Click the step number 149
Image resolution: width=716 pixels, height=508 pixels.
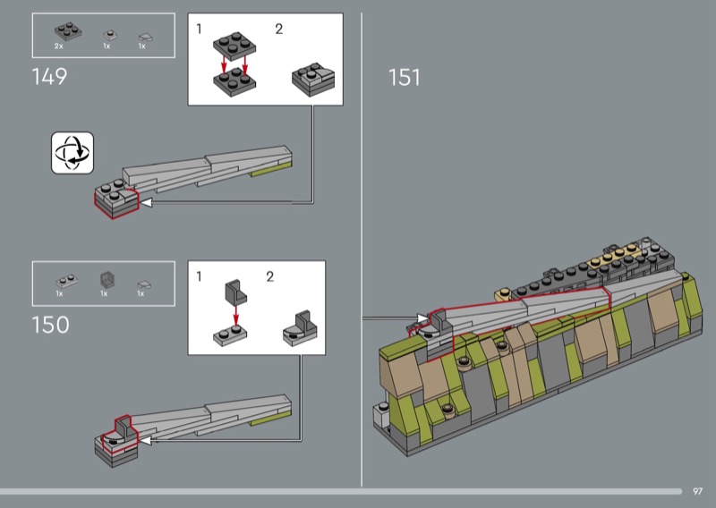tap(49, 76)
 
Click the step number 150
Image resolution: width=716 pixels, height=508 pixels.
tap(50, 325)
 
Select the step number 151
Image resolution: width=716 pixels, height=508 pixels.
tap(405, 77)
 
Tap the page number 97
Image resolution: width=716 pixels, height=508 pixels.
tap(697, 491)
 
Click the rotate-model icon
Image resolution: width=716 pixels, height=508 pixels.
tap(72, 153)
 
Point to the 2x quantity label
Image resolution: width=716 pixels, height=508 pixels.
tap(58, 47)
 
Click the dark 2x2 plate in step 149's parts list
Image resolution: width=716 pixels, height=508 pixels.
tap(68, 31)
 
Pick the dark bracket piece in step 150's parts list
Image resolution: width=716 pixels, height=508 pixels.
tap(107, 279)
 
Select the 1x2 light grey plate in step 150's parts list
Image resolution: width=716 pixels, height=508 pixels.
tap(66, 281)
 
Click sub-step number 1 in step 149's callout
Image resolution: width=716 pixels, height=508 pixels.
tap(199, 30)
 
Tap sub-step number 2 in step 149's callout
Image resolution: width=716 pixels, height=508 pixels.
tap(278, 30)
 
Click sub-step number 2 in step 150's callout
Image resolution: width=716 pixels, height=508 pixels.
tap(270, 276)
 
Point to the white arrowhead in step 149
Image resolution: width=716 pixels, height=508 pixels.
tap(146, 202)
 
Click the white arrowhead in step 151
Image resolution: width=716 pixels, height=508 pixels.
tap(422, 318)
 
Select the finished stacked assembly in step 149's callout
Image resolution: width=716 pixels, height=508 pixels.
tap(313, 80)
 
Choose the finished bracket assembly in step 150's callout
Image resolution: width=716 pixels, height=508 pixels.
tap(300, 328)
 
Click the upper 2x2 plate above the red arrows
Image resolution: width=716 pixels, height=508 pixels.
tap(234, 47)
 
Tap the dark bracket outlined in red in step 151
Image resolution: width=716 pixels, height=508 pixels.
tap(440, 321)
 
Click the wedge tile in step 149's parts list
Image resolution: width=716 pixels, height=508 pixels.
tap(146, 37)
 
